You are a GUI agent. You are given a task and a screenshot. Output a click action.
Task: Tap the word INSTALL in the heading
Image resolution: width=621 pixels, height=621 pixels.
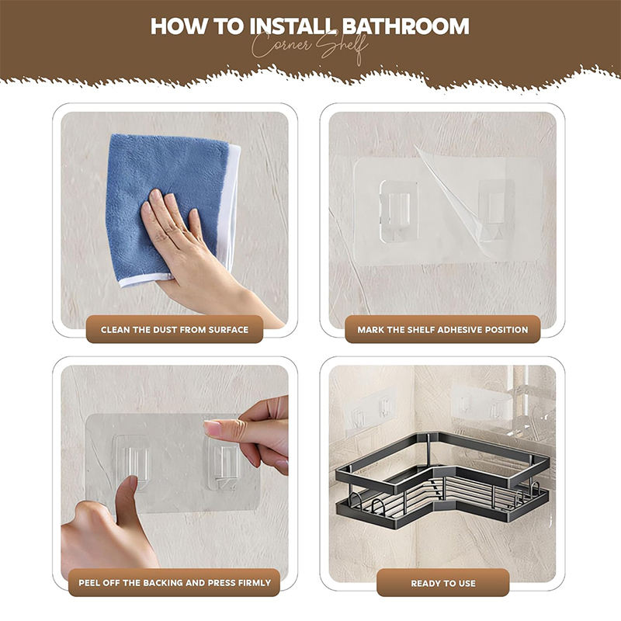click(293, 26)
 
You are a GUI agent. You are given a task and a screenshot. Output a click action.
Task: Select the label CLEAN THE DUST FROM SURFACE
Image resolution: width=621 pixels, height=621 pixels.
click(175, 329)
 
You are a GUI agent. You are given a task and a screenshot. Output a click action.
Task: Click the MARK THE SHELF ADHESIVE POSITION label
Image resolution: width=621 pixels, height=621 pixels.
click(442, 329)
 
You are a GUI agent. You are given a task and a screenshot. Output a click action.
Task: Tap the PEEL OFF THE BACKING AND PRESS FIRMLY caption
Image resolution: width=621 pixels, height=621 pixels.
click(175, 583)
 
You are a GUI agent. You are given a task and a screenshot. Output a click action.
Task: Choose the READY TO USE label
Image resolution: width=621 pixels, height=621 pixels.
click(443, 583)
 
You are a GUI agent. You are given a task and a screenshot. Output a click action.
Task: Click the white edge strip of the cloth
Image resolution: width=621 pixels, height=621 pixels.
click(231, 206)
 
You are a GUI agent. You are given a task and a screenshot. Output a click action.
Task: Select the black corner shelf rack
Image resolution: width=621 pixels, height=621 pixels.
click(442, 479)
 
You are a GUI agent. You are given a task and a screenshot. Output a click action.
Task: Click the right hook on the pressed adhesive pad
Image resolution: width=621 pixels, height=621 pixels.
click(223, 464)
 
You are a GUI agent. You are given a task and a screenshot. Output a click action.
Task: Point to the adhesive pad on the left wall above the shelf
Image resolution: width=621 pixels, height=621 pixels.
click(369, 412)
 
